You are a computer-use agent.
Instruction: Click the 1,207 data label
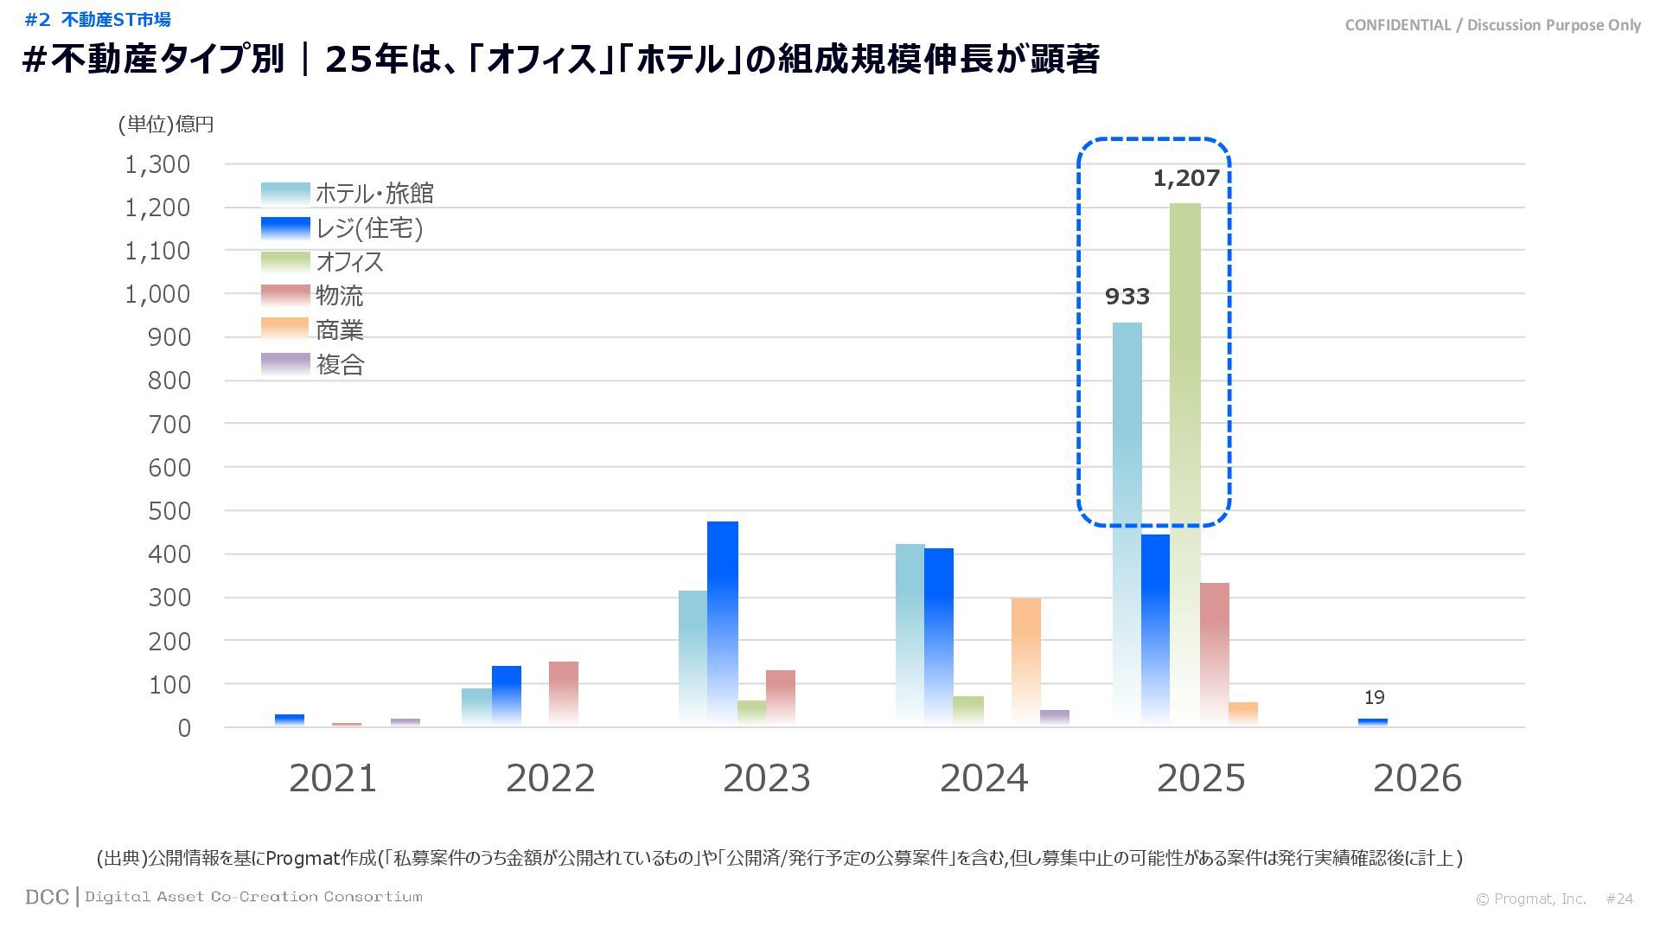[1186, 179]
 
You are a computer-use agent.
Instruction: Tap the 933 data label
[1127, 297]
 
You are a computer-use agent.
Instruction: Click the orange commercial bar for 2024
[1026, 662]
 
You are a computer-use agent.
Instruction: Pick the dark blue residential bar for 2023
[723, 623]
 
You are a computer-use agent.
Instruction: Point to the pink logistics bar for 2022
[564, 694]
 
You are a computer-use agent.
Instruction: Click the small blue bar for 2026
[1373, 722]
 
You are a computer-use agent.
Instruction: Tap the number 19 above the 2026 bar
[1374, 698]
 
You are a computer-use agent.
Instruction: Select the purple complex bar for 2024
[1055, 718]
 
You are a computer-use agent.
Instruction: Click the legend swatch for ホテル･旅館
[285, 193]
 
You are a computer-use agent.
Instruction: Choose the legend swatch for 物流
[285, 296]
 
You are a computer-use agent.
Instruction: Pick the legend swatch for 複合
[285, 364]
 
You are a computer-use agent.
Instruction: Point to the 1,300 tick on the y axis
[157, 164]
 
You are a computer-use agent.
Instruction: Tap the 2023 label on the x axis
[767, 778]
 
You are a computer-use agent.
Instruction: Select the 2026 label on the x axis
[1417, 778]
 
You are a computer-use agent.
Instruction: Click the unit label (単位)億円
[166, 125]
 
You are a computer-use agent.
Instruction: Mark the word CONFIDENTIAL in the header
[1397, 25]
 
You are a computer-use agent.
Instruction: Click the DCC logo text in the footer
[47, 897]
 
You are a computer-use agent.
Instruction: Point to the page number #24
[1619, 899]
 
